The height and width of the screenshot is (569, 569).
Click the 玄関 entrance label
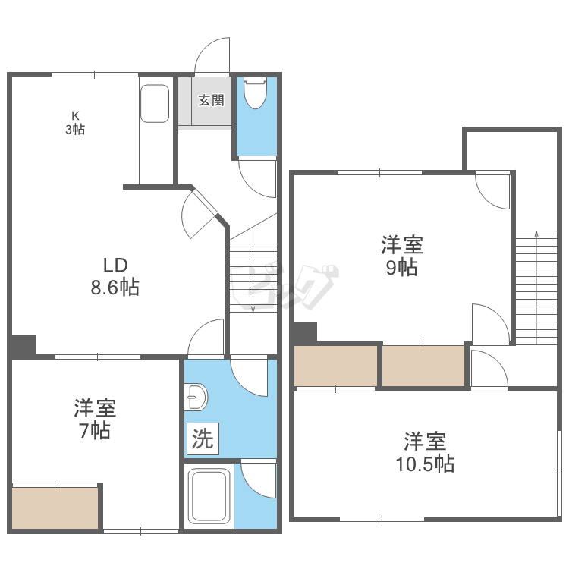(x=211, y=100)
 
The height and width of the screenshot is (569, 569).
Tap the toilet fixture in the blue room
(x=256, y=93)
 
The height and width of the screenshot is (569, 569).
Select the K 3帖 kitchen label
(x=75, y=123)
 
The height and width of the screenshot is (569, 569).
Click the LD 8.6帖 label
(x=115, y=276)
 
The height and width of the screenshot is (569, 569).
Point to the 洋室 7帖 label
(x=95, y=419)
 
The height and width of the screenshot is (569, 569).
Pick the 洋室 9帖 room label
(x=402, y=256)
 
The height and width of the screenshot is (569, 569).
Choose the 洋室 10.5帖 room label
(x=425, y=452)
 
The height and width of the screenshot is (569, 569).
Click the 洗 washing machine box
(x=203, y=439)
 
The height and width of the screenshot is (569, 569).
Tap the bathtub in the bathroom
(x=211, y=495)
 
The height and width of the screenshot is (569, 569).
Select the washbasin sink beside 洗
(x=196, y=397)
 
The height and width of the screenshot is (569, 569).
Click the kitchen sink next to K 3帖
(x=155, y=104)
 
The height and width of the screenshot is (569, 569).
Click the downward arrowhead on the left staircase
(x=253, y=309)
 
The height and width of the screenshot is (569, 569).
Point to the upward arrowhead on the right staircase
(x=536, y=234)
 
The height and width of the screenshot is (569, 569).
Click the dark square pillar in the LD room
(x=24, y=344)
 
